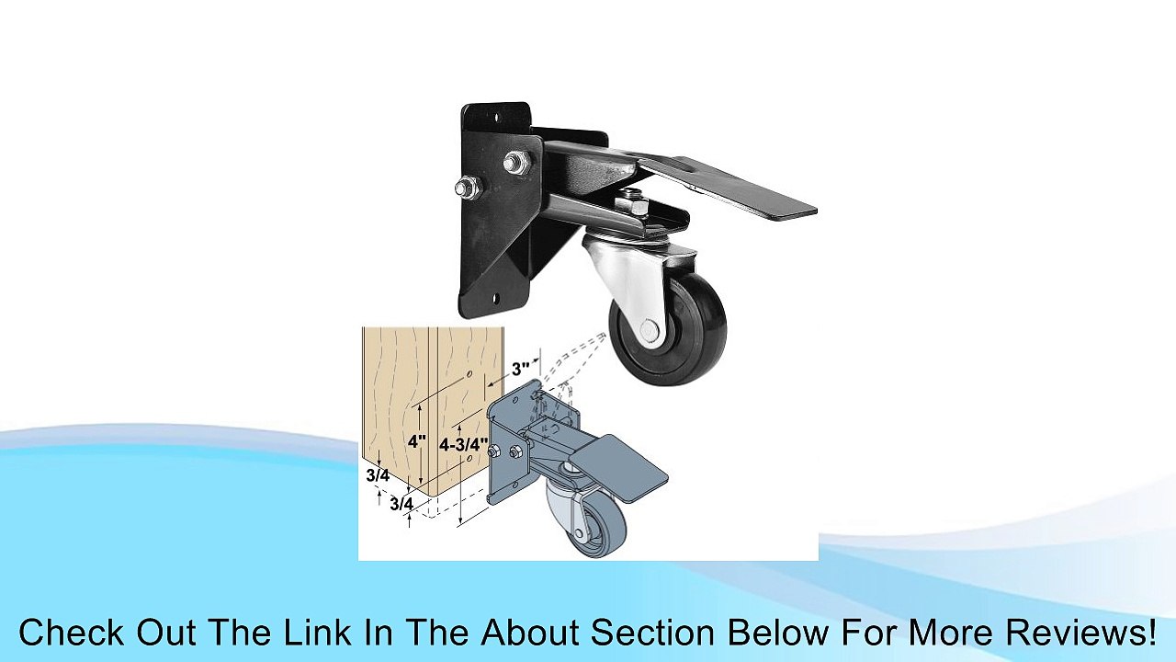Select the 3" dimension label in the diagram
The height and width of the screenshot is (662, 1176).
[x=522, y=369]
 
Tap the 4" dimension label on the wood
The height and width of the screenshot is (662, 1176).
[x=417, y=441]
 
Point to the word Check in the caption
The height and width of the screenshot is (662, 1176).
[x=71, y=633]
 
